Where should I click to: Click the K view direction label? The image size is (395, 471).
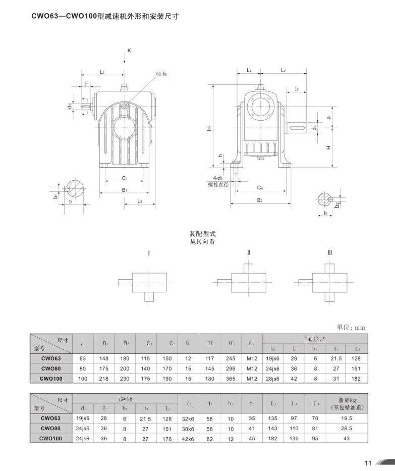[129, 51]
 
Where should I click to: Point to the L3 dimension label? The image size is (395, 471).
[139, 201]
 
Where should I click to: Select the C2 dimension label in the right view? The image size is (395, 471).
[260, 187]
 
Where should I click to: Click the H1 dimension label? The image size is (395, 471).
[208, 128]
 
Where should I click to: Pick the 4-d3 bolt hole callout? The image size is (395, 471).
[218, 178]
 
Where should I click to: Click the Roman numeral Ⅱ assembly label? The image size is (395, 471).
[249, 252]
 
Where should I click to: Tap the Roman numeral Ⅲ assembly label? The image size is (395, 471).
[329, 252]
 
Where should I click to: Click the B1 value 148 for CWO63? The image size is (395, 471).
[104, 358]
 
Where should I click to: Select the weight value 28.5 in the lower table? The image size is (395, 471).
[346, 429]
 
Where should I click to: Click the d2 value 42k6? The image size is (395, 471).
[188, 439]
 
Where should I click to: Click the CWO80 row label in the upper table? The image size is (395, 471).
[51, 369]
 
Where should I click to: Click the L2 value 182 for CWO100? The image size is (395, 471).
[273, 439]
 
